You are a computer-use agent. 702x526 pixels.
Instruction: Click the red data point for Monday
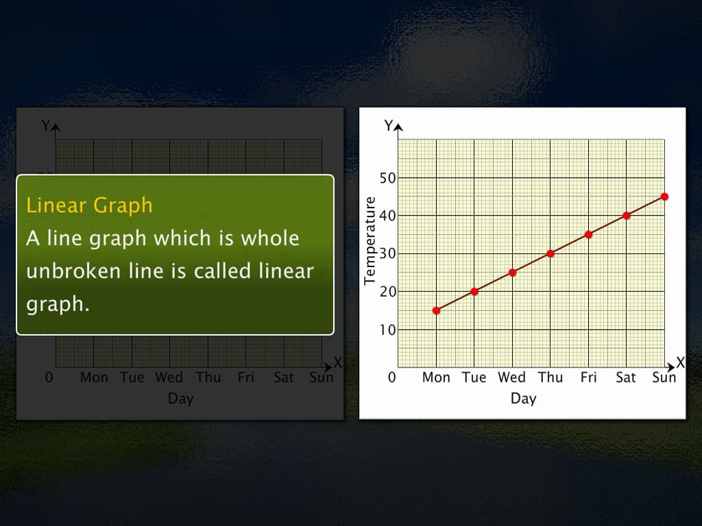tap(436, 310)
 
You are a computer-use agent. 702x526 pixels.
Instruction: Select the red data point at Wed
tap(512, 273)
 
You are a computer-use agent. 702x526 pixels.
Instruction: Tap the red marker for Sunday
tap(664, 197)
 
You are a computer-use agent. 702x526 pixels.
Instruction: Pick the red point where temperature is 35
tap(588, 234)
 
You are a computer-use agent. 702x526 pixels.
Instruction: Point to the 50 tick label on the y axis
tap(387, 179)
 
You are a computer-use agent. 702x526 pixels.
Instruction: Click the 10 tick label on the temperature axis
tap(387, 330)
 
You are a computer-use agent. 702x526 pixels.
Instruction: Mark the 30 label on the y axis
tap(387, 254)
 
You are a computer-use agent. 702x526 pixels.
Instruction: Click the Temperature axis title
tap(370, 240)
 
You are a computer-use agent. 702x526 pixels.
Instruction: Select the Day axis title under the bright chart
tap(523, 398)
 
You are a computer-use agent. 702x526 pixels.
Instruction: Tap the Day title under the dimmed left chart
tap(181, 398)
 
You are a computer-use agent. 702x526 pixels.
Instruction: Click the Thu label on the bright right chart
tap(550, 377)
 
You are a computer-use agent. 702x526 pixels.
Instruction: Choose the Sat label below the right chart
tap(626, 377)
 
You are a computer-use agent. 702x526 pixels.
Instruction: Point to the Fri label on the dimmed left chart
tap(245, 377)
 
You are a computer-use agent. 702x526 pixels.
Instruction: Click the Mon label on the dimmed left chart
tap(94, 377)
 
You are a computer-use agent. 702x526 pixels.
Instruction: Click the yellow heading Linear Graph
tap(89, 205)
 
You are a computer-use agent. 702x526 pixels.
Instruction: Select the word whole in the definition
tap(269, 238)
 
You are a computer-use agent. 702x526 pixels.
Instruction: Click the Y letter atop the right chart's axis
tap(389, 125)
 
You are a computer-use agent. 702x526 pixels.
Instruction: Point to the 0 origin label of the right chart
tap(391, 377)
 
